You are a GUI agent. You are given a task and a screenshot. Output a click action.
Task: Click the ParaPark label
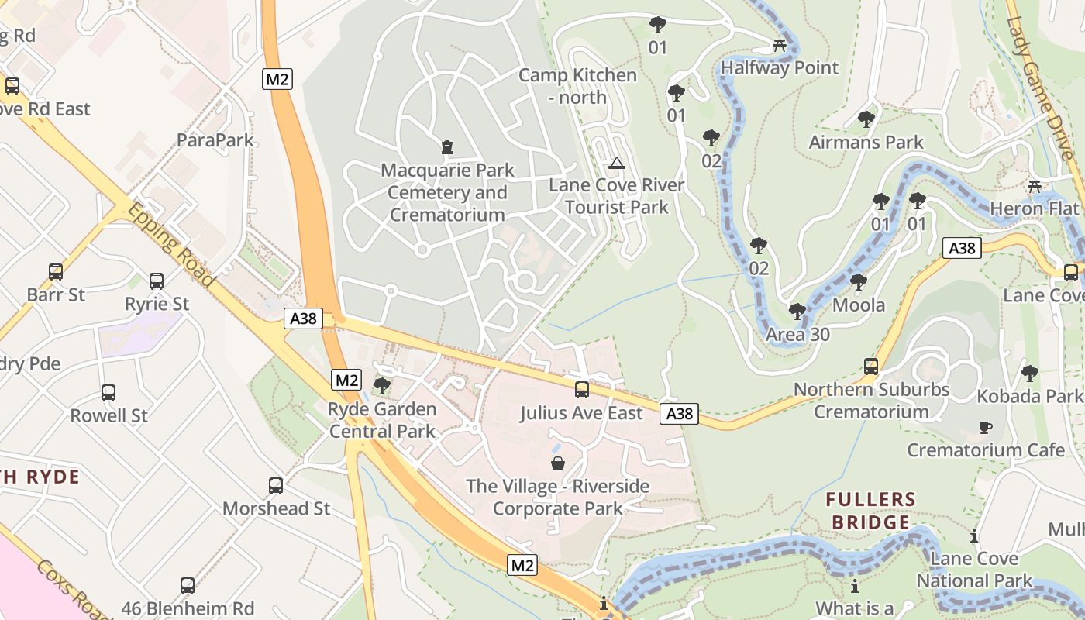pos(215,140)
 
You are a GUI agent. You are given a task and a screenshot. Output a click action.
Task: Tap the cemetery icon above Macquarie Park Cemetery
pos(446,146)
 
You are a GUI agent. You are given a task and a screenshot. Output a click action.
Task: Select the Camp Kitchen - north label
pos(577,86)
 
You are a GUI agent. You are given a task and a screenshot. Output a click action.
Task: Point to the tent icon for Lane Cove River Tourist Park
pos(616,163)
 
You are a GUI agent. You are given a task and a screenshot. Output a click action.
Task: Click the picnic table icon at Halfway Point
pos(780,46)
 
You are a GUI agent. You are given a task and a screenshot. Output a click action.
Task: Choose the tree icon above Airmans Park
pos(866,119)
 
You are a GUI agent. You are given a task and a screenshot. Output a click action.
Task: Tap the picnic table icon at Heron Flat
pos(1034,187)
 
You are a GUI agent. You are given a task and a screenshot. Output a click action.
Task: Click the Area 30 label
pos(797,335)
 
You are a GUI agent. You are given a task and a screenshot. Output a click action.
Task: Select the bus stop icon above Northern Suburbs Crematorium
pos(871,366)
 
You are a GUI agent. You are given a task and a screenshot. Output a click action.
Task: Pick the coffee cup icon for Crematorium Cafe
pos(985,427)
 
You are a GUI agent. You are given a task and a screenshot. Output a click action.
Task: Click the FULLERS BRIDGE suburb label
pos(870,511)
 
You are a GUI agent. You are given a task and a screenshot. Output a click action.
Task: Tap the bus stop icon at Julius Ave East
pos(581,390)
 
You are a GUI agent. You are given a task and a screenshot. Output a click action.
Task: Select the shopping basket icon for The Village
pos(557,463)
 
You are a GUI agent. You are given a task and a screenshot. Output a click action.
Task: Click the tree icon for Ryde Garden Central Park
pos(381,385)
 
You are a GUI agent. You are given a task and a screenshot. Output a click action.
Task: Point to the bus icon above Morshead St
pos(276,486)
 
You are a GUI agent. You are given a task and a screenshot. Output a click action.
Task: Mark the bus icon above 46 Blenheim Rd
pos(188,585)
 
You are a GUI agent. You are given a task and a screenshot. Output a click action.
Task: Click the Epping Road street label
pos(170,245)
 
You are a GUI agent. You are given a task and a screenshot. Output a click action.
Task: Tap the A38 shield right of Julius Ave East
pos(679,414)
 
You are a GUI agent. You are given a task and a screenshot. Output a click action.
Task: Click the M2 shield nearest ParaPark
pos(277,78)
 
